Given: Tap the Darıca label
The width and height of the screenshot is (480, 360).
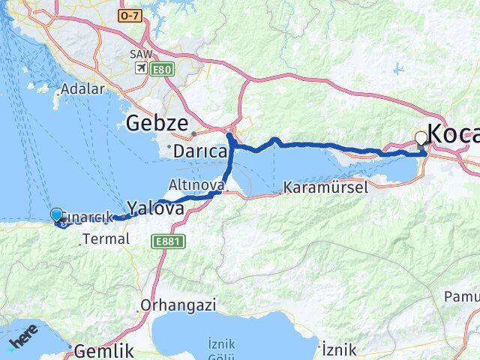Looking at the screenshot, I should click(200, 151).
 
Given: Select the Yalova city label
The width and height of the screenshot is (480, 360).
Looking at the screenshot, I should click(155, 208).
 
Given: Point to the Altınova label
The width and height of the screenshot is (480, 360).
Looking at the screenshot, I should click(196, 184).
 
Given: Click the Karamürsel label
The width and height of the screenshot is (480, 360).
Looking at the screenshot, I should click(325, 187).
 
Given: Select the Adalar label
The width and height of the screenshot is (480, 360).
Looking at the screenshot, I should click(82, 88).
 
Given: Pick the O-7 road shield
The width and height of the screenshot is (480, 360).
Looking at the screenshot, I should click(130, 15).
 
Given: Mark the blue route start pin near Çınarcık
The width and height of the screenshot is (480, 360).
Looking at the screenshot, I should click(56, 215).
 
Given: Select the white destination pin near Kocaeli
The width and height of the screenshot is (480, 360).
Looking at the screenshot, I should click(421, 137).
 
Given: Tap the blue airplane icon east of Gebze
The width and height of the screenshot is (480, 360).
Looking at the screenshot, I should click(397, 70).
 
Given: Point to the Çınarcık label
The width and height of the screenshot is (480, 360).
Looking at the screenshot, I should click(88, 217).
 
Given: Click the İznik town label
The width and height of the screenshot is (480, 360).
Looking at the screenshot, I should click(337, 349).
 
